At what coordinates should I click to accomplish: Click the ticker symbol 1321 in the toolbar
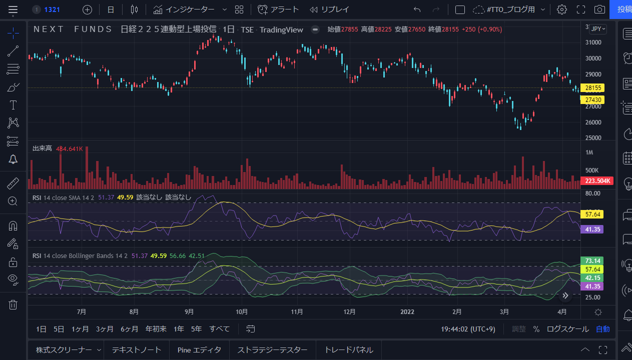52,9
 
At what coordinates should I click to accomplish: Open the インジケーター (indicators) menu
190,9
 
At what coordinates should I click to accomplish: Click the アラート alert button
278,9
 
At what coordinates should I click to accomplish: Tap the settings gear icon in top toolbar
562,9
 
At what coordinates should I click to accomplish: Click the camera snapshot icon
599,9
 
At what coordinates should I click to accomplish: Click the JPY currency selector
598,29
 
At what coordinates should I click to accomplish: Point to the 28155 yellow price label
592,88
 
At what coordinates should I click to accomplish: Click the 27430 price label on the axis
592,100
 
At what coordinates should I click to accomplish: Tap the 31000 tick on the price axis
593,42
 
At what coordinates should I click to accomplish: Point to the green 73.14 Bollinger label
592,260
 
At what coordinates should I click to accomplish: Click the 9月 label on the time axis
189,312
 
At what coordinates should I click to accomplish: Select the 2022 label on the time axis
408,312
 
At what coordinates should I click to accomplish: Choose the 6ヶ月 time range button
129,329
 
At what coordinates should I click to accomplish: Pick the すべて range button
219,329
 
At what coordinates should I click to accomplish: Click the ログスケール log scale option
567,329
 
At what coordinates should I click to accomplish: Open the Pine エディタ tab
199,350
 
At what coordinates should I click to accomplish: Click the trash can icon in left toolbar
13,304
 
